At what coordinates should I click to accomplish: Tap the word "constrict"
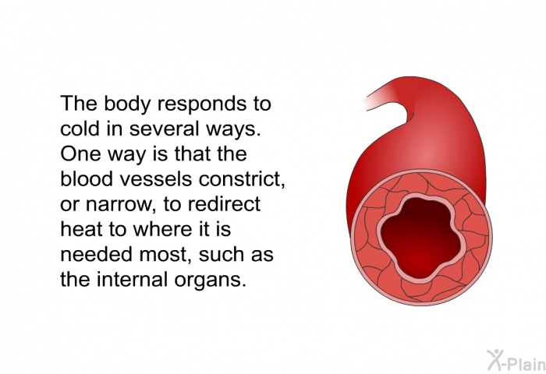241,179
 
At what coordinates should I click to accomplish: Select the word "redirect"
225,204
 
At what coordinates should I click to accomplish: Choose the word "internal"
133,280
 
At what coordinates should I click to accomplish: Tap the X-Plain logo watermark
516,360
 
